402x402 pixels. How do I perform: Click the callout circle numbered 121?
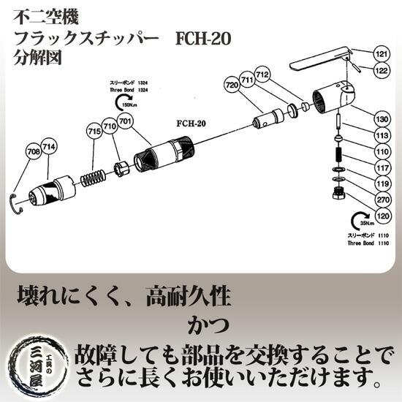[x=382, y=54]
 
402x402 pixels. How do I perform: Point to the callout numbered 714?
[x=50, y=146]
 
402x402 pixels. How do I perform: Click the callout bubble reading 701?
[x=125, y=121]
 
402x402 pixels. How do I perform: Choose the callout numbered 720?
[x=232, y=86]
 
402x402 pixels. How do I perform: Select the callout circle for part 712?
[x=263, y=75]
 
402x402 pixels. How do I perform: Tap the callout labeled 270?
[x=382, y=197]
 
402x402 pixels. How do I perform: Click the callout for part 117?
[x=382, y=167]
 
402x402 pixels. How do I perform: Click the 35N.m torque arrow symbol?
[x=360, y=219]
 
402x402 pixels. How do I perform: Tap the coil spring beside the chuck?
[x=94, y=177]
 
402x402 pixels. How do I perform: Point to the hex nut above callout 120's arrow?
[x=338, y=193]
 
